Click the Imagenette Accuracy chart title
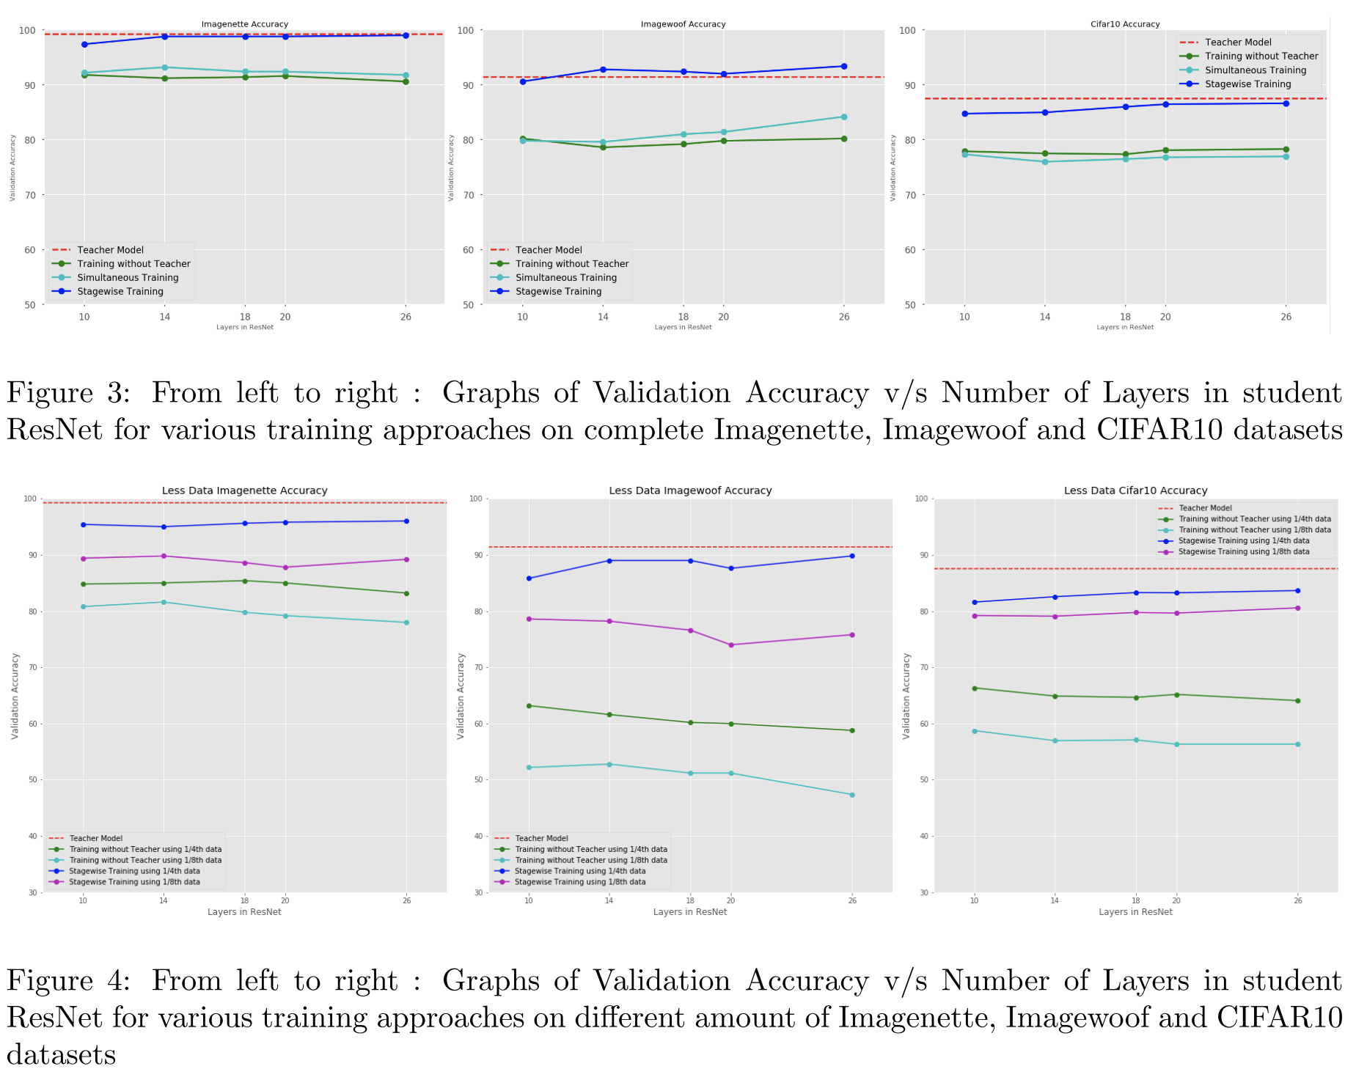[x=245, y=24]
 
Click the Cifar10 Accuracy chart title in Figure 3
[x=1125, y=24]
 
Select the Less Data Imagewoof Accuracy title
[x=690, y=491]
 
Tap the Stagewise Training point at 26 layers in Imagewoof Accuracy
[x=844, y=67]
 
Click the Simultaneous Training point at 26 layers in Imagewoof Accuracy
[x=844, y=117]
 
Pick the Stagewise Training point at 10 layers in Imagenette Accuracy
[x=84, y=45]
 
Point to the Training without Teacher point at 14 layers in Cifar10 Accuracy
[x=1045, y=154]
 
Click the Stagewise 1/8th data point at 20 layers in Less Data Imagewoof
[x=731, y=645]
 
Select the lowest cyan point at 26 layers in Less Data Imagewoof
[x=852, y=795]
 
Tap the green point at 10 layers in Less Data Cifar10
[x=975, y=688]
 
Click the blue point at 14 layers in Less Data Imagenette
[x=164, y=526]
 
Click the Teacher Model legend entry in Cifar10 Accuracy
[x=1238, y=43]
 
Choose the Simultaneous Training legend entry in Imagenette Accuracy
[x=128, y=278]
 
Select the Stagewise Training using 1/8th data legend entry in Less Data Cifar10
[x=1243, y=551]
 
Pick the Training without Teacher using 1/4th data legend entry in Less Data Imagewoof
[x=591, y=849]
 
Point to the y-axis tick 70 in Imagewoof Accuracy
[x=469, y=195]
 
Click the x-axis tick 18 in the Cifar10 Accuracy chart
[x=1125, y=317]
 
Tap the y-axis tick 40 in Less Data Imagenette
[x=32, y=836]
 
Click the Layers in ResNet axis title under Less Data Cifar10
[x=1135, y=912]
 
